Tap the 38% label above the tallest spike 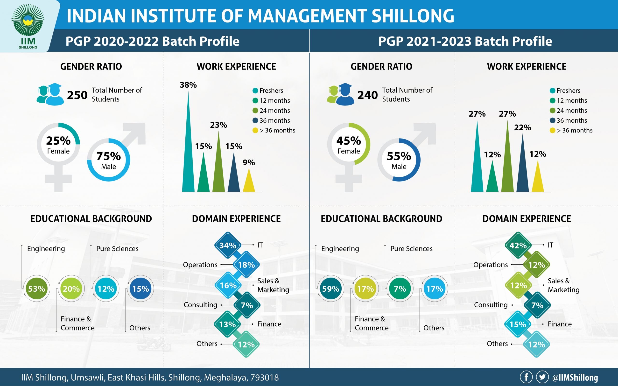point(188,85)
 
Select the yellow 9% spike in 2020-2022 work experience point(249,181)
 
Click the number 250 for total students point(77,95)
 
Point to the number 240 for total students point(367,95)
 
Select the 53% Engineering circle point(36,289)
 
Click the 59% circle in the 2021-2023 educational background point(330,289)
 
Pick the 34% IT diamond point(228,245)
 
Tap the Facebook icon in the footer point(526,377)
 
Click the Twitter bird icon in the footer point(542,377)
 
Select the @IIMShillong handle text point(575,377)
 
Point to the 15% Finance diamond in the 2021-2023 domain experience point(518,324)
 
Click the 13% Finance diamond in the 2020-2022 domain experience point(227,324)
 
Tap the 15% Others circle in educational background point(140,289)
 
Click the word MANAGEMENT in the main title point(307,16)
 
